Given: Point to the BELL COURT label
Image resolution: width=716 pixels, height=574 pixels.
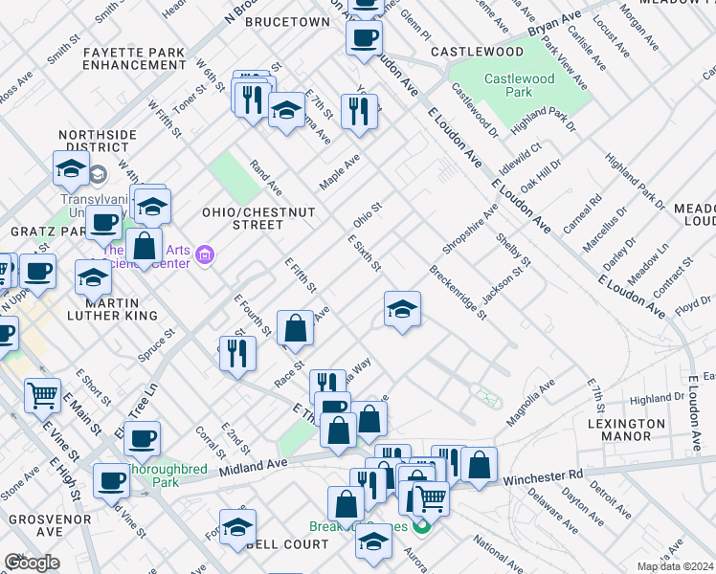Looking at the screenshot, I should (x=287, y=543).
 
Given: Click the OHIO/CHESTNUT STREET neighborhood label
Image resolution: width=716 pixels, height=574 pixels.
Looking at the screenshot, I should (x=242, y=217).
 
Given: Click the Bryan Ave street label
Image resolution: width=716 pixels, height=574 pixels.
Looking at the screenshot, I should (x=554, y=33).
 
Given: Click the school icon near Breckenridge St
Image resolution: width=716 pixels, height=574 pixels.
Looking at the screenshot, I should (x=403, y=309).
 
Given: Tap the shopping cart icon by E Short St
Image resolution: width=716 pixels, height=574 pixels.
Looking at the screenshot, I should (x=42, y=393).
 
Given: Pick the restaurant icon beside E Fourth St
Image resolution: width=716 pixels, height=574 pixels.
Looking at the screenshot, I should (x=237, y=353).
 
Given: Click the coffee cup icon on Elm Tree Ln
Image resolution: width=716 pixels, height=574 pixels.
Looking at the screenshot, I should (x=143, y=439).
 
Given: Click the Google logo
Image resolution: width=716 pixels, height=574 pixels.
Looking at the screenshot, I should (x=32, y=562).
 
